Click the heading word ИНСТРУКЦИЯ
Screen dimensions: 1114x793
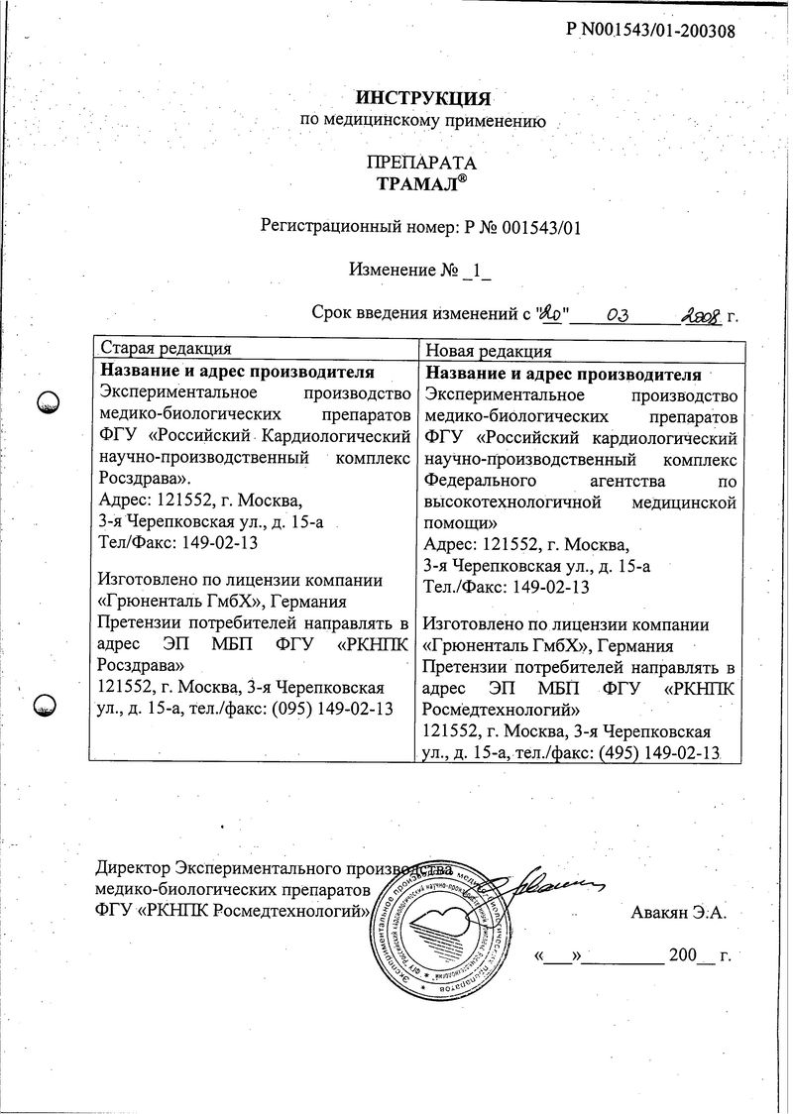click(x=423, y=98)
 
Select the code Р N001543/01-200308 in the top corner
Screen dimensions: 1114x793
click(x=650, y=30)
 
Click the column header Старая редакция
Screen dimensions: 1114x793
click(x=166, y=349)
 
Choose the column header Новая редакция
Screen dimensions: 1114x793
click(x=489, y=350)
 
